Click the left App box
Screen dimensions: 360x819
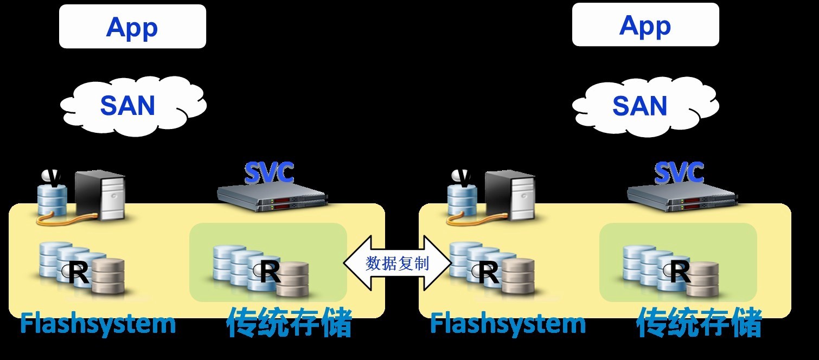(x=132, y=27)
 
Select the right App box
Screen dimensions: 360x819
(x=645, y=25)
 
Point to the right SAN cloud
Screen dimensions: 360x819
(x=643, y=105)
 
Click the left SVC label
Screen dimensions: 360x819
(x=269, y=173)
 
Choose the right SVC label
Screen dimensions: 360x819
(x=679, y=173)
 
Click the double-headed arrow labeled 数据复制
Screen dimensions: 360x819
(x=397, y=263)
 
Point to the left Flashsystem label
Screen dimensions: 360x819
(x=98, y=324)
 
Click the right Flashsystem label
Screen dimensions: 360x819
(x=508, y=324)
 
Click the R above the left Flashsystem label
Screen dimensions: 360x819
(x=79, y=274)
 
